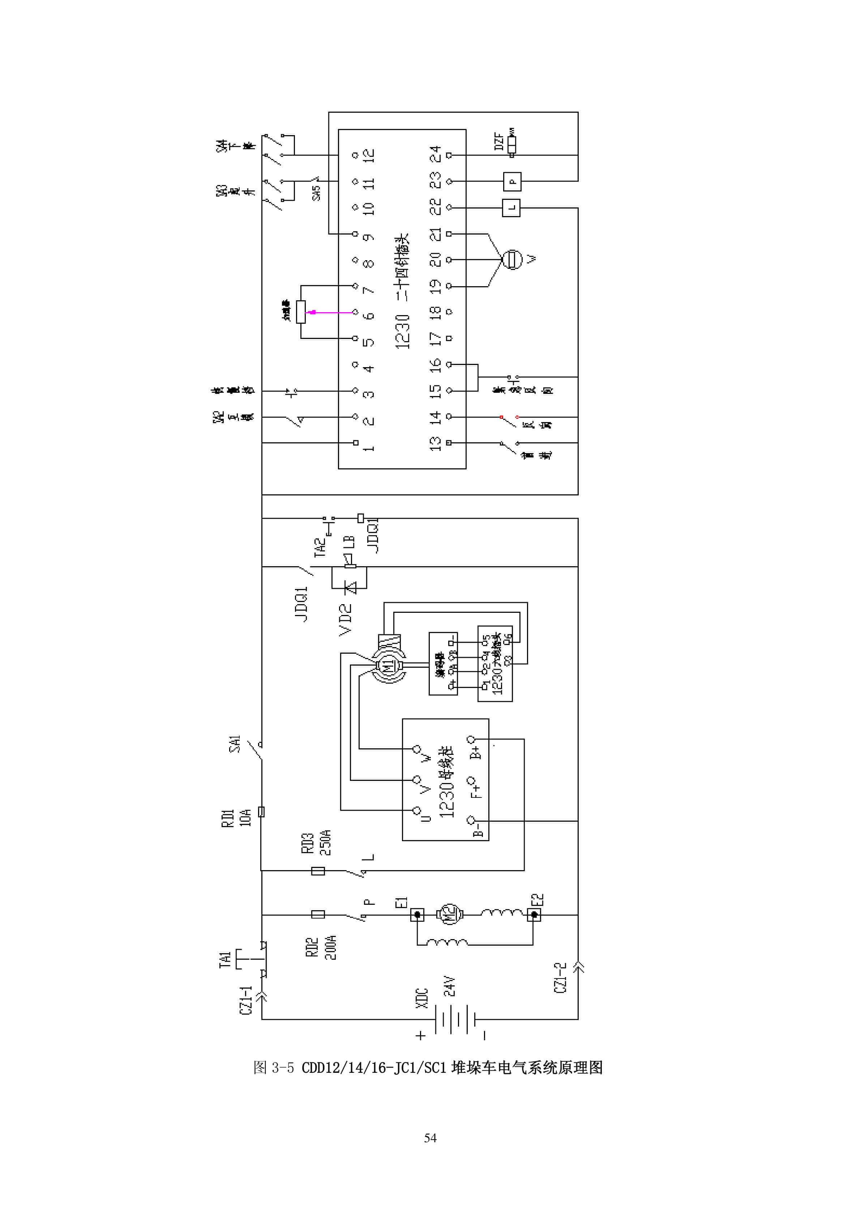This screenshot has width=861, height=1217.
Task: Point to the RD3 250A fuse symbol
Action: (318, 870)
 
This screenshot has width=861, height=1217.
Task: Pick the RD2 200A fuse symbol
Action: (318, 914)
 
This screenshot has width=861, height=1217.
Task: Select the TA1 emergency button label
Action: (225, 959)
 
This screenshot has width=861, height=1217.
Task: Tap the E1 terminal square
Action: (417, 914)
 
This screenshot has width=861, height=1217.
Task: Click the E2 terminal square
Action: (534, 914)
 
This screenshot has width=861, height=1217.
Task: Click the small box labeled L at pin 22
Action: (511, 208)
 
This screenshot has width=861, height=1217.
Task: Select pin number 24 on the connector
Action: (435, 154)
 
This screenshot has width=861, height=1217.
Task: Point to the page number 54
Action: (430, 1138)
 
